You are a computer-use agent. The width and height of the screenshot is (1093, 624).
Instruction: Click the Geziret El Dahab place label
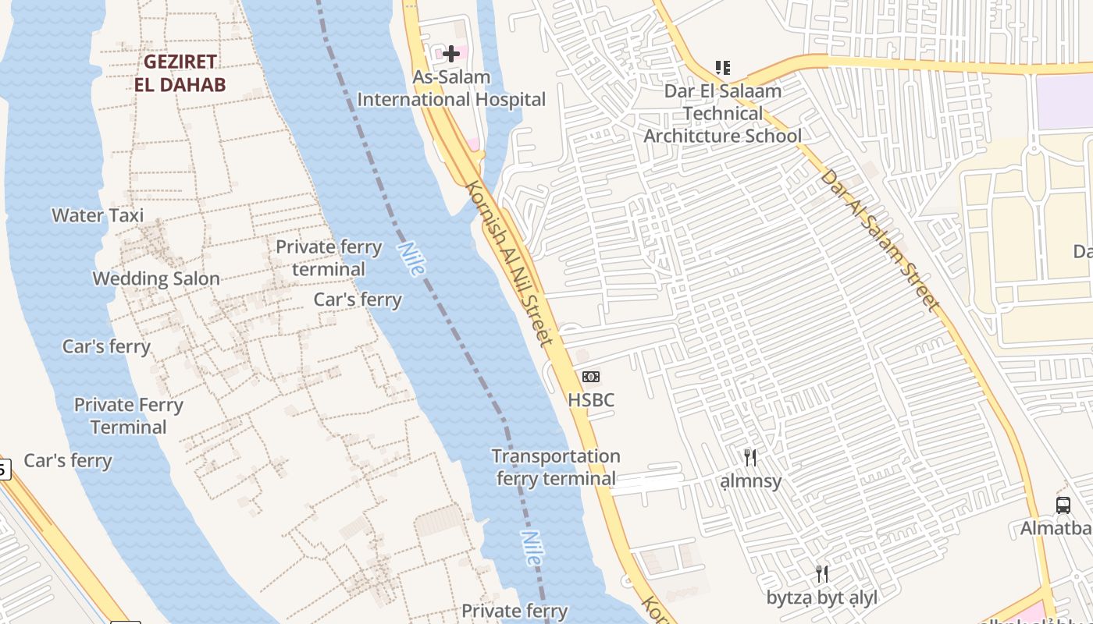[180, 73]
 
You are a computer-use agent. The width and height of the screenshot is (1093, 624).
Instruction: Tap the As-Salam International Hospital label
[451, 88]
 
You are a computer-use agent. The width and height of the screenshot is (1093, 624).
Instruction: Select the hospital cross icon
[451, 54]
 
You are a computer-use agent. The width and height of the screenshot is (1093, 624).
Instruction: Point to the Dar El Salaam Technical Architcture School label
[722, 114]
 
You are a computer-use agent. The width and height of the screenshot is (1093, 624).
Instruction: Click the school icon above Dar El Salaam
[723, 68]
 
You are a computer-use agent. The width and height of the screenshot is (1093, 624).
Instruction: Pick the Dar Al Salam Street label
[878, 240]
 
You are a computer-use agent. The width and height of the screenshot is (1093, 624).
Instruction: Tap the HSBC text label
[591, 400]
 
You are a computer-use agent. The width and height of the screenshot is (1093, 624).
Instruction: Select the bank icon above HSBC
[591, 378]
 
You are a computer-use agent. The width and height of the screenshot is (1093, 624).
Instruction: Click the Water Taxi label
[98, 215]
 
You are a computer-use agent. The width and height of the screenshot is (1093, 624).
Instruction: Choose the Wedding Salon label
[156, 278]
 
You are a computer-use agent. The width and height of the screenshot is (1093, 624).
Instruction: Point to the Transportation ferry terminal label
[556, 467]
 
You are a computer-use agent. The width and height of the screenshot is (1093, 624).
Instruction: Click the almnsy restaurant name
[750, 480]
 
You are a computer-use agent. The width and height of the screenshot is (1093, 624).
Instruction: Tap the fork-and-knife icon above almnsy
[750, 457]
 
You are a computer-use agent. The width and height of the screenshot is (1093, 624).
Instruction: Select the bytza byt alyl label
[821, 598]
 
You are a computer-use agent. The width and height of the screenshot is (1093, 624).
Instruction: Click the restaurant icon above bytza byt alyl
[821, 575]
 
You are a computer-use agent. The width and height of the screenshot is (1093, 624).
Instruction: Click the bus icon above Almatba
[1063, 505]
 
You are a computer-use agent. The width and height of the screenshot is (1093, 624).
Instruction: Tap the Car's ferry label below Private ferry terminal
[358, 300]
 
